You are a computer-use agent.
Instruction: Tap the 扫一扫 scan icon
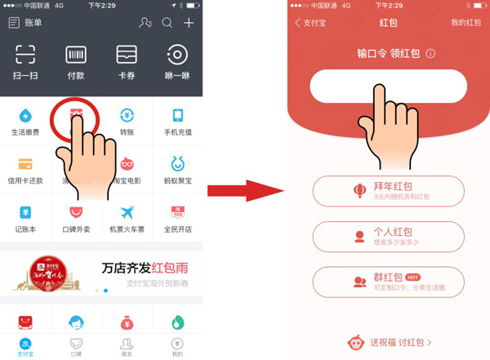point(25,55)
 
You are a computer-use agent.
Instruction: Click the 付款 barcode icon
point(76,55)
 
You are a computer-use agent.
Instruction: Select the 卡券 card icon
point(127,55)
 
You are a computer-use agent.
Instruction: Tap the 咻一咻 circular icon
point(177,55)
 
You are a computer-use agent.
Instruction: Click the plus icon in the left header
point(189,23)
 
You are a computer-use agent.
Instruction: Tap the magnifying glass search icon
point(167,23)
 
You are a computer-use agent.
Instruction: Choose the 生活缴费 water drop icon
point(25,115)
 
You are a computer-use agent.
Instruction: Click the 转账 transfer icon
point(127,115)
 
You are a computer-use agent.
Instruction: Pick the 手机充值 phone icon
point(177,115)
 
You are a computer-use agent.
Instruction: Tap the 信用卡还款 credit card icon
point(25,163)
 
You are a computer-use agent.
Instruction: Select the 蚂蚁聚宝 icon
point(177,163)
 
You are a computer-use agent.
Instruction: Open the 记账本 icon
point(25,212)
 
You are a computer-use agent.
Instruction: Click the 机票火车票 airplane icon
point(127,212)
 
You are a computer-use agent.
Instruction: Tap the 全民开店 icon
point(177,212)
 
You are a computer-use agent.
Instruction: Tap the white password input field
point(388,87)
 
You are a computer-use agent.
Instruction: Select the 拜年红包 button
point(388,191)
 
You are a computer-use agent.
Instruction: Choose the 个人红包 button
point(388,236)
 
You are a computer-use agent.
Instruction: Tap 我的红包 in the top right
point(465,23)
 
